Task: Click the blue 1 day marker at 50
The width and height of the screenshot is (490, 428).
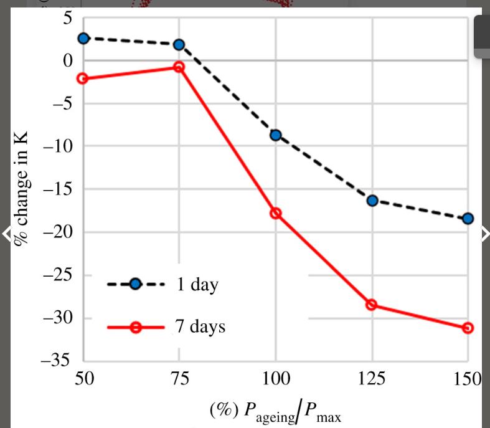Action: click(x=83, y=38)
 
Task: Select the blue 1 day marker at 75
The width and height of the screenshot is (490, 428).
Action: click(x=179, y=44)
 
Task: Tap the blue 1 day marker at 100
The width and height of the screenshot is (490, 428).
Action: click(x=276, y=135)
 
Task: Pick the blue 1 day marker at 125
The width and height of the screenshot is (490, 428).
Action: click(x=372, y=200)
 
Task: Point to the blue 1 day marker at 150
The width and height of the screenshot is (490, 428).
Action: click(x=468, y=218)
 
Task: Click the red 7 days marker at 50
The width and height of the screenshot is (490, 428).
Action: click(x=83, y=78)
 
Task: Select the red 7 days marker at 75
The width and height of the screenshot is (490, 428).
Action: click(x=179, y=67)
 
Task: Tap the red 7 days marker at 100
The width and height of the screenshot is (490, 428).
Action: click(x=276, y=213)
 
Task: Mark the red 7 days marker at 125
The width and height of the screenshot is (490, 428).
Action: click(x=372, y=305)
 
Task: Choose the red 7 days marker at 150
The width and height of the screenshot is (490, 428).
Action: click(x=468, y=328)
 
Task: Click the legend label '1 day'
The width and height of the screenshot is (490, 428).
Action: click(x=197, y=285)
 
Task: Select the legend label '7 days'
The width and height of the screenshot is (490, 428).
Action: click(x=199, y=326)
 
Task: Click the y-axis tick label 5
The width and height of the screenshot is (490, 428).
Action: click(x=67, y=19)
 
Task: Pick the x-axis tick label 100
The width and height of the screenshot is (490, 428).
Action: click(x=276, y=378)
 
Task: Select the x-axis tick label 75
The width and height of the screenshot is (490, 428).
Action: click(x=179, y=378)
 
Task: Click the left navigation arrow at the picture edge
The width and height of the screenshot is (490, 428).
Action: click(x=6, y=234)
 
